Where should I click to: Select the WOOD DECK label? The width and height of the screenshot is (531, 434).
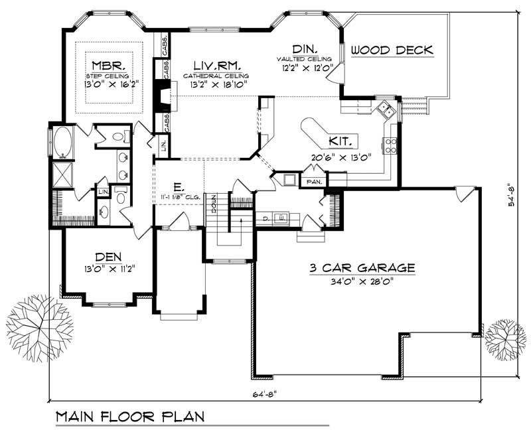(x=392, y=50)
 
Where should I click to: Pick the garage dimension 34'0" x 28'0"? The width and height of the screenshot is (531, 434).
(x=362, y=281)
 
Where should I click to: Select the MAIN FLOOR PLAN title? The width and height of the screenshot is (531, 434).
(x=129, y=417)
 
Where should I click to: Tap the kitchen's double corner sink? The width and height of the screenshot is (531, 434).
(x=384, y=108)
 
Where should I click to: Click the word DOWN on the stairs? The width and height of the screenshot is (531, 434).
(x=214, y=202)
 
